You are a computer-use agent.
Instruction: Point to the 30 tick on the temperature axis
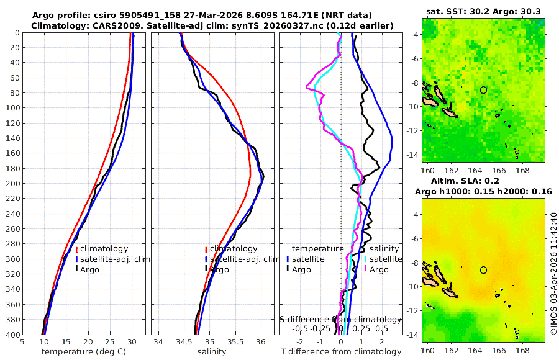pos(132,341)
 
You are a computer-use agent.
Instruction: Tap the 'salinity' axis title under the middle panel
pos(212,351)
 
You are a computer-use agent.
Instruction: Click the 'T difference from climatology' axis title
pos(341,351)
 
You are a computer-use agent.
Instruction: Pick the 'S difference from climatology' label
pos(340,318)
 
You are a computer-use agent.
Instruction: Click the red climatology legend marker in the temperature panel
pos(76,249)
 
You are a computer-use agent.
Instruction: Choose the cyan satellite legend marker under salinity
pos(366,259)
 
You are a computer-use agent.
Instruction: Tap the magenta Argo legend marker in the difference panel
pos(366,269)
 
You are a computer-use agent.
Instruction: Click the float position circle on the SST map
pos(483,89)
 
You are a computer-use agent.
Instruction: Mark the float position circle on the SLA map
pos(483,270)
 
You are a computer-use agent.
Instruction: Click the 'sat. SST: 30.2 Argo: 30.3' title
pos(484,11)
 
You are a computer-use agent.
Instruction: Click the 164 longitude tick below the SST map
pos(475,169)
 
